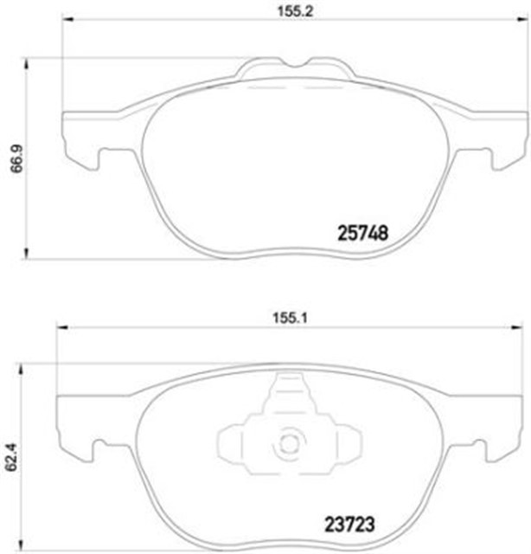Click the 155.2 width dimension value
(x=278, y=13)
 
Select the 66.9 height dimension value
(x=15, y=159)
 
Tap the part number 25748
(x=360, y=233)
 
